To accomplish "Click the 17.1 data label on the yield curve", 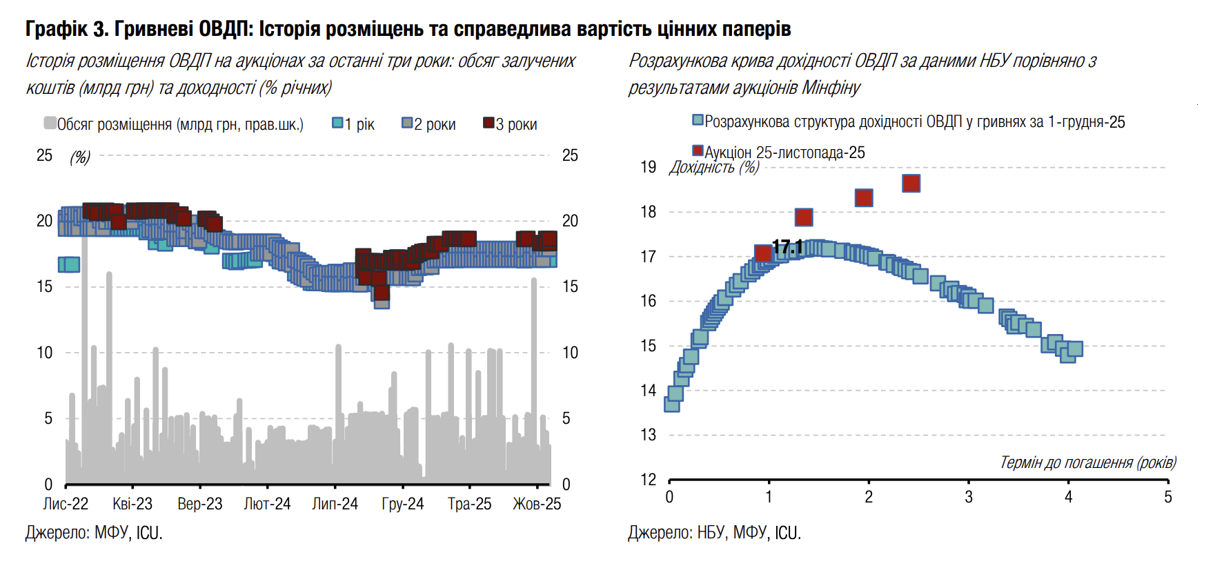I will coord(787,247).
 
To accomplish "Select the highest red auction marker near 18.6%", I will coord(911,184).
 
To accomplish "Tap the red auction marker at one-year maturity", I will coord(763,253).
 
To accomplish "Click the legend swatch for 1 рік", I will coord(337,123).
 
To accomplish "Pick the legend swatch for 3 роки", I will coord(488,123).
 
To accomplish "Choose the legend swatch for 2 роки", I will coord(407,123).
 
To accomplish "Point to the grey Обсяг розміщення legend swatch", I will coord(50,123).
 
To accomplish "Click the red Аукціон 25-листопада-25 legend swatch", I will coord(698,150).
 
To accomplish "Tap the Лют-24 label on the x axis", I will coord(267,504).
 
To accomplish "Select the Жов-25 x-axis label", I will coord(537,504).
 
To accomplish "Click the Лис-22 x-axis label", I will coord(66,504).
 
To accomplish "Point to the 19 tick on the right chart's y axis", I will coord(648,167).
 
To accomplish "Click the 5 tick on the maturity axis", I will coord(1167,497).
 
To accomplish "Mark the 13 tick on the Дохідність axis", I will coord(648,435).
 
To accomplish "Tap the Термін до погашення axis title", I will coord(1087,462).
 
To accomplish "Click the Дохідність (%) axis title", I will coord(713,168).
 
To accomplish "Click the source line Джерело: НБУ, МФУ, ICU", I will coord(714,533).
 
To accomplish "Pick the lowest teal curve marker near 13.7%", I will coord(671,404).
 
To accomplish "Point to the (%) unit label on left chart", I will coord(80,157).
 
